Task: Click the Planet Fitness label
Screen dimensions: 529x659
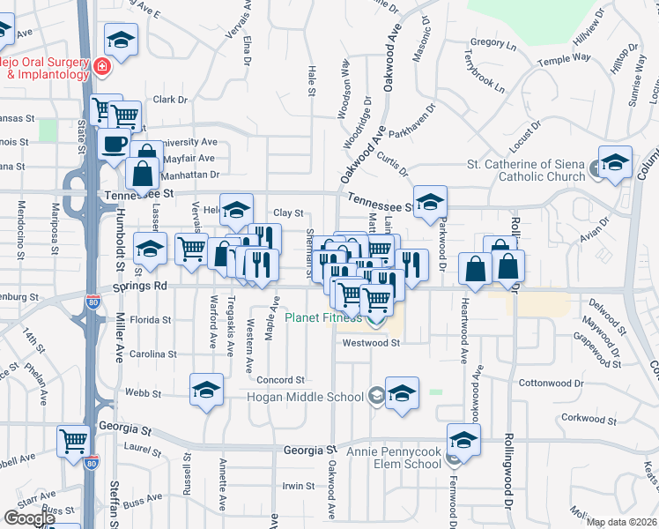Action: pyautogui.click(x=323, y=317)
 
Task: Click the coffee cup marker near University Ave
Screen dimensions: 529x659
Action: pyautogui.click(x=113, y=143)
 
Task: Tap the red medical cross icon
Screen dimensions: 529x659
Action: pyautogui.click(x=102, y=66)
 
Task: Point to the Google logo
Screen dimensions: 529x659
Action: pyautogui.click(x=29, y=518)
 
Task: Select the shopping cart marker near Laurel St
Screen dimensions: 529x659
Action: pyautogui.click(x=73, y=440)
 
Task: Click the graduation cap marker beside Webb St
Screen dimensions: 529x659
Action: pyautogui.click(x=206, y=389)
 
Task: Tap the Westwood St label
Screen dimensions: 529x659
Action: pyautogui.click(x=371, y=343)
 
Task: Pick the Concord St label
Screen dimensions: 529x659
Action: pyautogui.click(x=280, y=380)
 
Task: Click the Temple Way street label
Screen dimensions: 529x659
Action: pyautogui.click(x=564, y=59)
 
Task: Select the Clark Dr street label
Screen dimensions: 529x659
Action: pyautogui.click(x=171, y=100)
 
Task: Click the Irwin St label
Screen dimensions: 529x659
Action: pyautogui.click(x=298, y=486)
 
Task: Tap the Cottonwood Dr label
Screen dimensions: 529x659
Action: pyautogui.click(x=575, y=384)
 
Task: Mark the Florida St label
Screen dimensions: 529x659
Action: pyautogui.click(x=150, y=319)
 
